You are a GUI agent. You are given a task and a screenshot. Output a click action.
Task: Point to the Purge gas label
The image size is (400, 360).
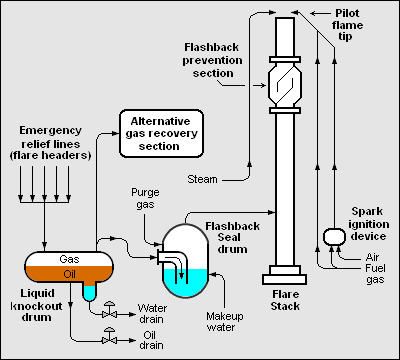[x=146, y=196]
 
